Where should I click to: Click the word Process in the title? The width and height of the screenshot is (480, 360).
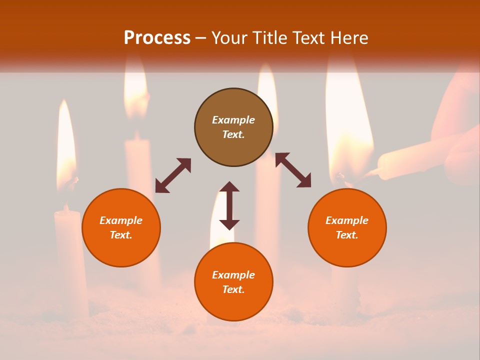pos(157,38)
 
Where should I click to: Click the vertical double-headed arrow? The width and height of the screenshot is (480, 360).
pos(229,205)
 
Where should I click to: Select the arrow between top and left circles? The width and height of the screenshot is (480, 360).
pos(173,175)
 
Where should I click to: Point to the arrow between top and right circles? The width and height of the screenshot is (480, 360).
pos(293,170)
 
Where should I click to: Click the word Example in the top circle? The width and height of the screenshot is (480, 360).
pos(233,120)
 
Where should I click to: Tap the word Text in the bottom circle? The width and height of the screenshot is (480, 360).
pos(233,289)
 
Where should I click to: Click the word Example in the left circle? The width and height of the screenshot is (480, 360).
pos(121,220)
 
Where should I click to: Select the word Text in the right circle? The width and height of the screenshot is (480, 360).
pos(347,235)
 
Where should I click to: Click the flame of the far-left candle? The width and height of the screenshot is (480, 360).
pos(65,145)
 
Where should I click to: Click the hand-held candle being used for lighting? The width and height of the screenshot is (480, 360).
pos(410,157)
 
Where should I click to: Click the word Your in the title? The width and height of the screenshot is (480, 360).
pos(229,38)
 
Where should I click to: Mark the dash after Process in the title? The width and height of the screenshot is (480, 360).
pos(201,38)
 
